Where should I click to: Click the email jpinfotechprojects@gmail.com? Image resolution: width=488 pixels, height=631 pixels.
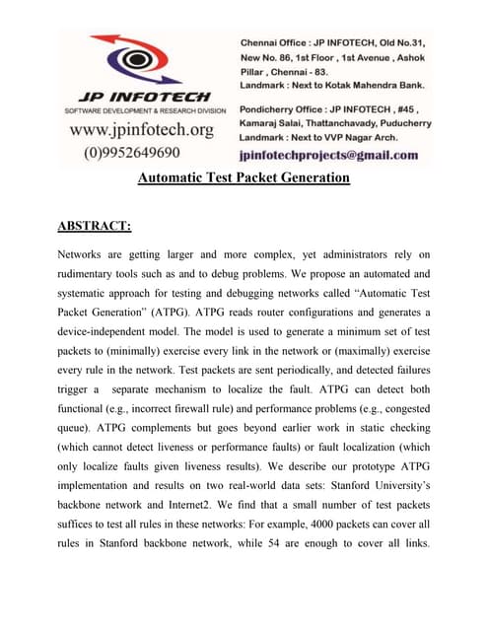[328, 156]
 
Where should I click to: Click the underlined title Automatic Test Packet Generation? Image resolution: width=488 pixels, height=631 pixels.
[243, 178]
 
